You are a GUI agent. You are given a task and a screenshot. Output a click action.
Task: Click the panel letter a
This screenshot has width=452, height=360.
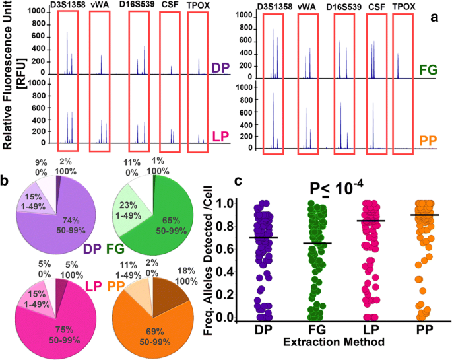[x=435, y=18]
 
